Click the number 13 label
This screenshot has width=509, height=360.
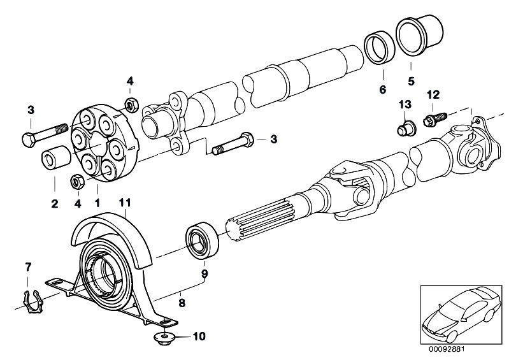coord(405,104)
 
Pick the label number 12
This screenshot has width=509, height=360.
coord(433,94)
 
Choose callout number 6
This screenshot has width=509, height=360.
coord(383,90)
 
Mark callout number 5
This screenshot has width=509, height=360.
coord(411,81)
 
